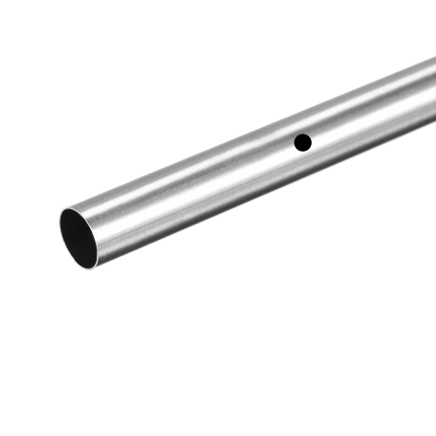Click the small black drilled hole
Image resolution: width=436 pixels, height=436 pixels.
[x=302, y=142]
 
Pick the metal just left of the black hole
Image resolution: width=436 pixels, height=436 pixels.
[x=287, y=147]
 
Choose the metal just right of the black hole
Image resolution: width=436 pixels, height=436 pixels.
[x=318, y=137]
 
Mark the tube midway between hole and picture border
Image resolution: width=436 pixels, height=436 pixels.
[x=370, y=116]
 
